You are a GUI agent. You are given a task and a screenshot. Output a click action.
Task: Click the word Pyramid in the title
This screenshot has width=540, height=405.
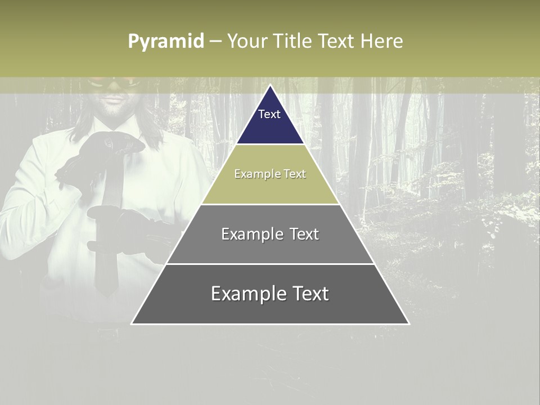pos(166,42)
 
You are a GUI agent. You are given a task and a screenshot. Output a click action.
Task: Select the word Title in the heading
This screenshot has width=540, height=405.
pos(292,41)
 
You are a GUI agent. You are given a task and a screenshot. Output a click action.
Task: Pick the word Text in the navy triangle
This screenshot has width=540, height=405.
pos(269,114)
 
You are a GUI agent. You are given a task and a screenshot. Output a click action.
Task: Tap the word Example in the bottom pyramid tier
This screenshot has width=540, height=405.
pos(245,294)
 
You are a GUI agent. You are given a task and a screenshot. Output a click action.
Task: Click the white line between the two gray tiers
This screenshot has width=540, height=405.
pos(270,264)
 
